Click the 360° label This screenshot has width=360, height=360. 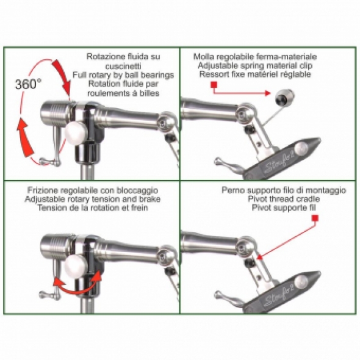pos(29,84)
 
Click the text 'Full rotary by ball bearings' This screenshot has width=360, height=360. pos(123,76)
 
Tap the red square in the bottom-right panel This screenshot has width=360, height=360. pos(315,225)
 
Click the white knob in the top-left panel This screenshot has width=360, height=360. pos(77,131)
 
